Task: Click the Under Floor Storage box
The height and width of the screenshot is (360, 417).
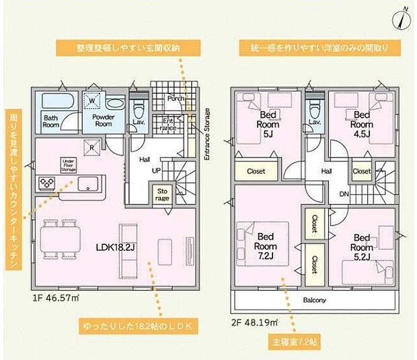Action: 68,166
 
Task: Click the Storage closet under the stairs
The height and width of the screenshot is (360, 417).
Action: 163,194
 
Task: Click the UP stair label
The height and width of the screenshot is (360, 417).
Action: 156,171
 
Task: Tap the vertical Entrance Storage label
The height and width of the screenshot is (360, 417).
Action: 206,134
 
